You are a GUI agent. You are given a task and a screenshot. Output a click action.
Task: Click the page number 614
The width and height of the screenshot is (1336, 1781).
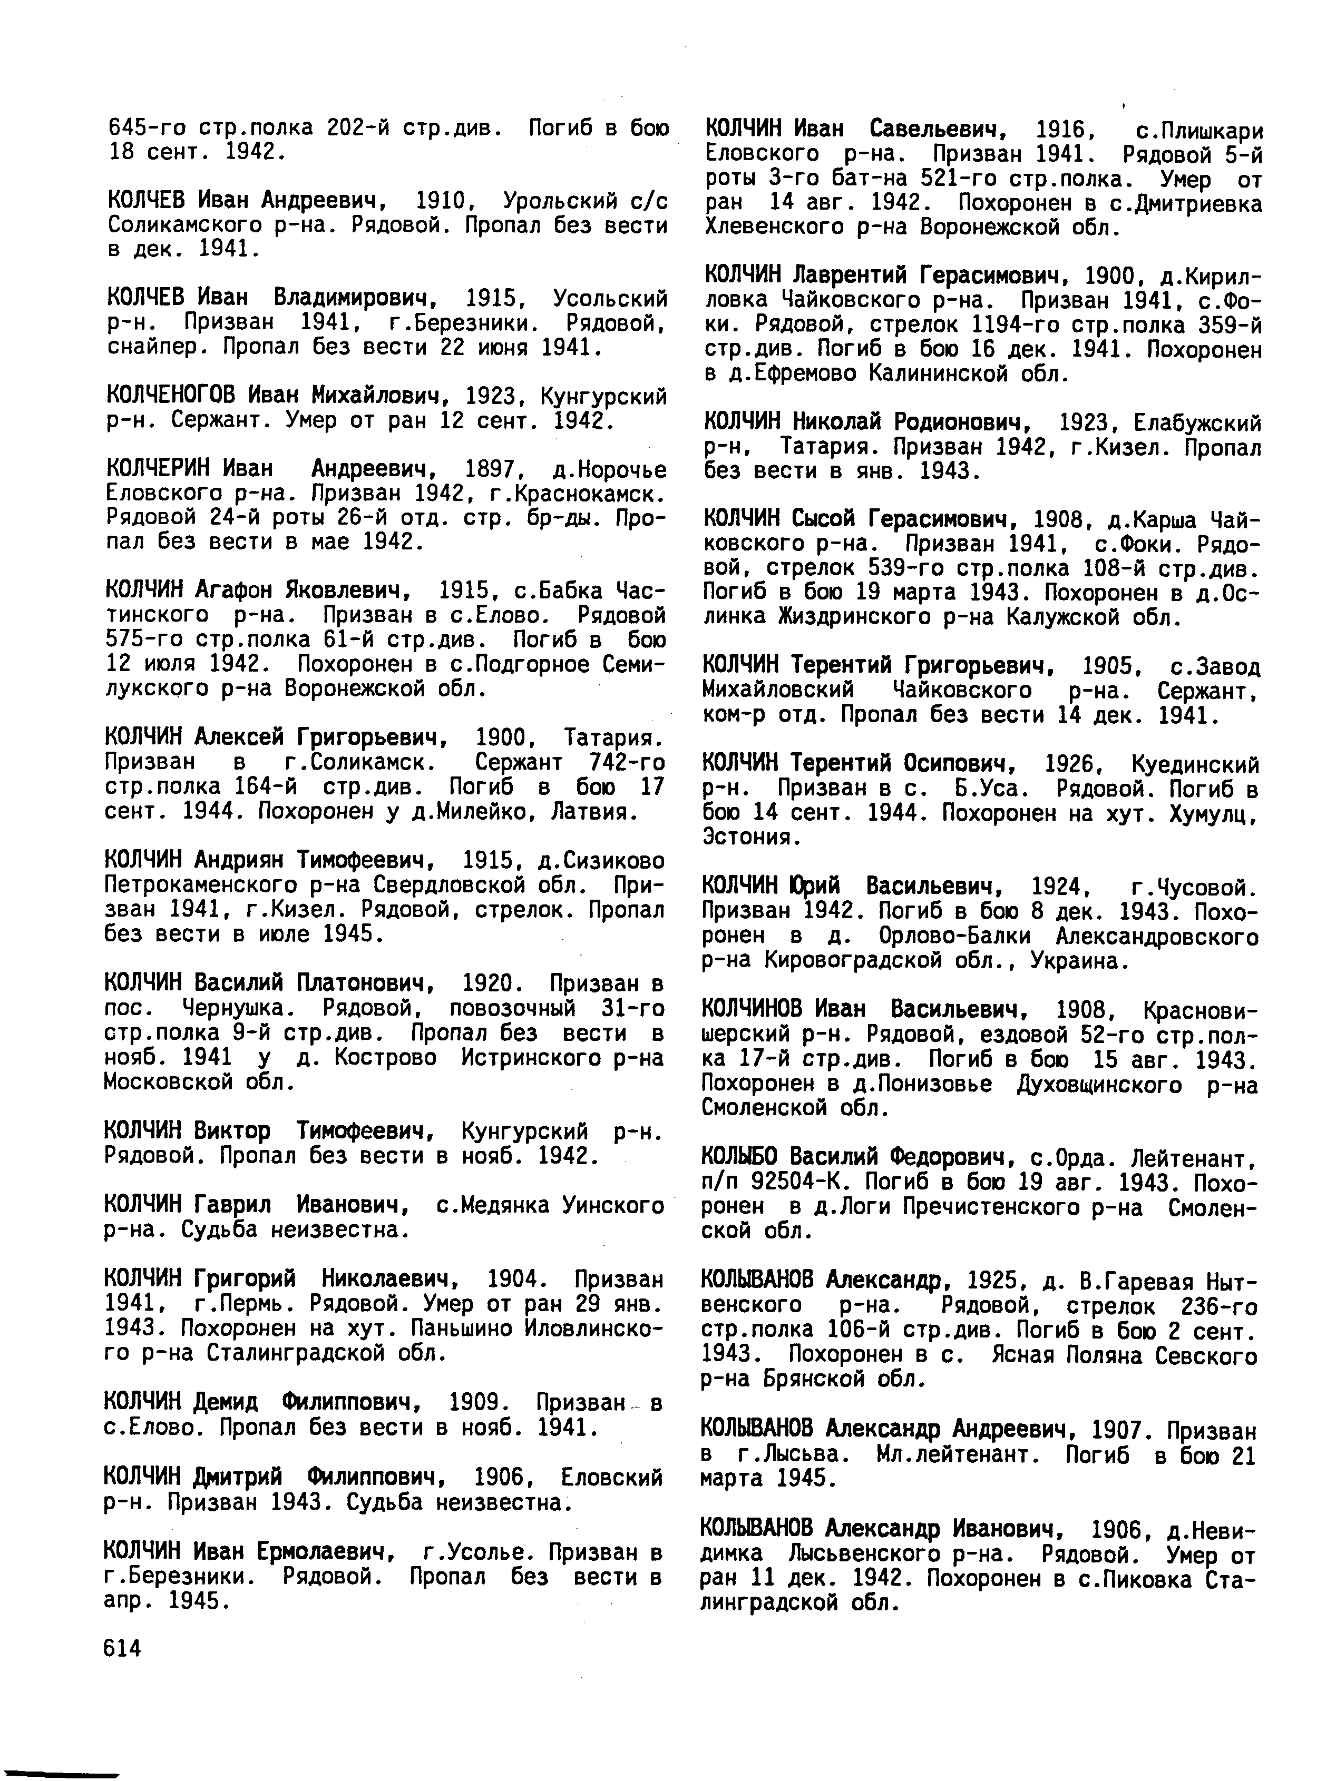point(122,1648)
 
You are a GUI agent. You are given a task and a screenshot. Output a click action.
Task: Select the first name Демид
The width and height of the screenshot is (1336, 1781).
point(226,1402)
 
